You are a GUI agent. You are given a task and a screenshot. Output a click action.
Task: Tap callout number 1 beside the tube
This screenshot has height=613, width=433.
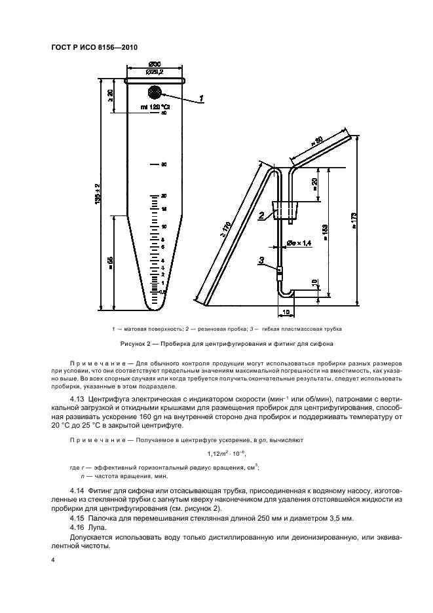point(202,98)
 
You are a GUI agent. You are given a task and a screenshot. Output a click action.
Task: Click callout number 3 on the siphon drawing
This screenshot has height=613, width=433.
point(261,261)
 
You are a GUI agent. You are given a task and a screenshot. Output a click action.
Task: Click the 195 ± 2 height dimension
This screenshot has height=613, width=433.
point(97,195)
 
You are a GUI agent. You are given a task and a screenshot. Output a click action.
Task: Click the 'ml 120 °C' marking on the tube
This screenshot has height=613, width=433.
point(155,106)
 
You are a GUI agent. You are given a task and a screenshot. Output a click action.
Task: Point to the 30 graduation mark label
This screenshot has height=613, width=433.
point(164,164)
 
